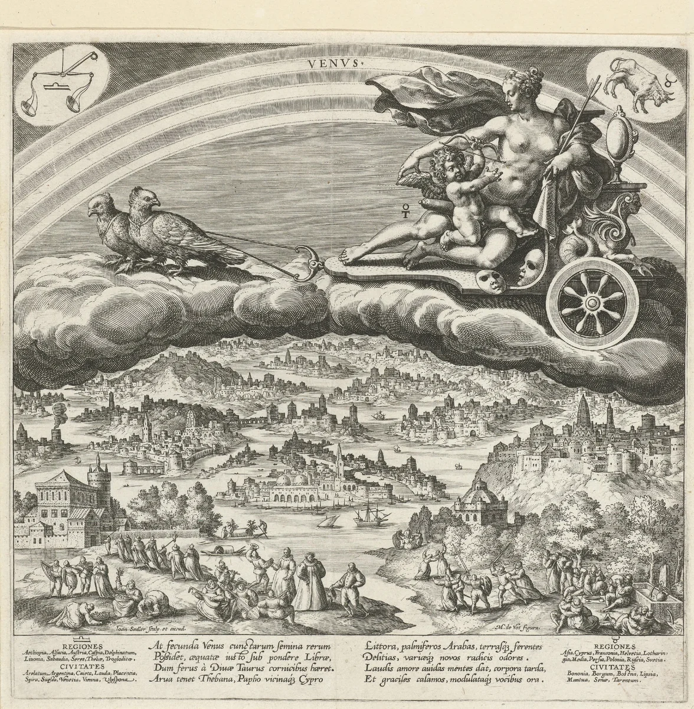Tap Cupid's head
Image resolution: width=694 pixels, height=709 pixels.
point(447,170)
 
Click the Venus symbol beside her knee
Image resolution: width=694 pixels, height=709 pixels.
point(405,210)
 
